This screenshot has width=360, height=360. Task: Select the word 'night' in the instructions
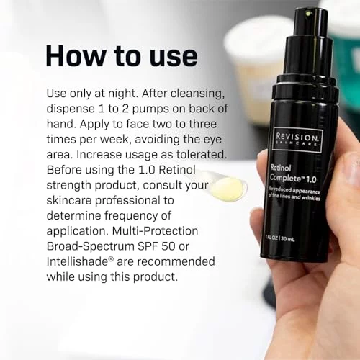pos(123,94)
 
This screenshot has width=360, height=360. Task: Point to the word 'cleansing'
pos(197,94)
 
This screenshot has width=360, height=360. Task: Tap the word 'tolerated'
pos(202,155)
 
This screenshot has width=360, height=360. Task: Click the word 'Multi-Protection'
pos(155,231)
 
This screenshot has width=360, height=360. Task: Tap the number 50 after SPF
pos(168,246)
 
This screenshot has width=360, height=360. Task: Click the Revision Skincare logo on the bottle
pos(297,139)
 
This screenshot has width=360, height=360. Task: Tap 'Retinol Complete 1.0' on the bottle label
pos(293,174)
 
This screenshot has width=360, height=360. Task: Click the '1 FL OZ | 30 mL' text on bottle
pos(279,238)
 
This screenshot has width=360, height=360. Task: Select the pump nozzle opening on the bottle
pos(307,13)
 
